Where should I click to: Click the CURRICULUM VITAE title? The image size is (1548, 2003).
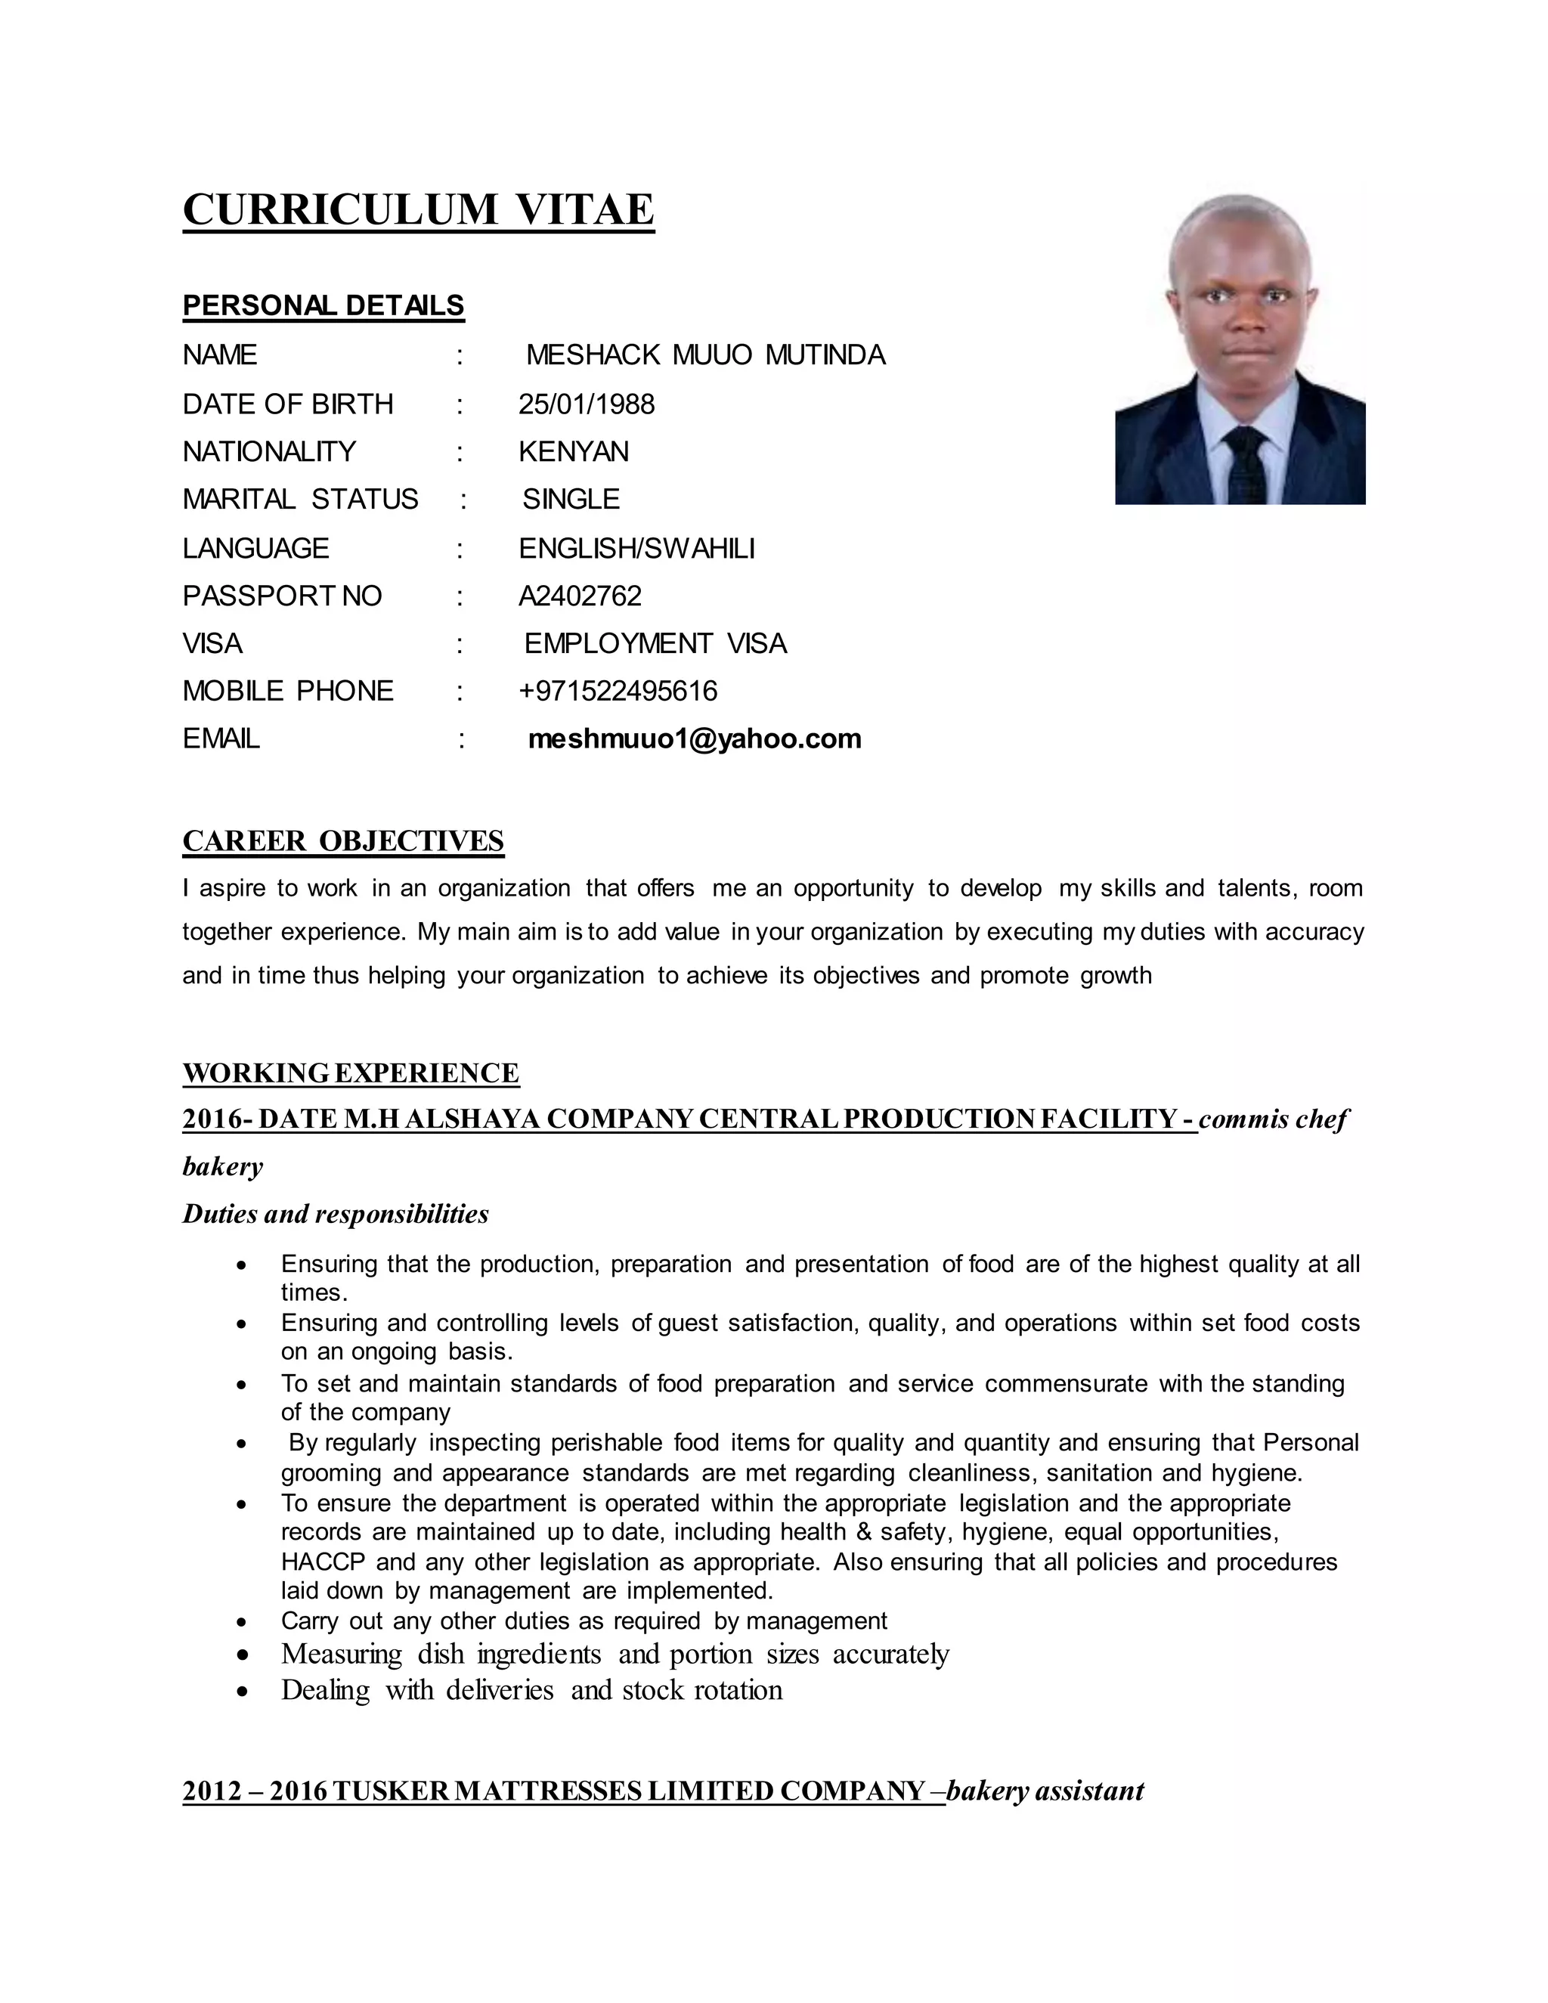418,209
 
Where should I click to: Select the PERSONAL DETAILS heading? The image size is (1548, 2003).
323,305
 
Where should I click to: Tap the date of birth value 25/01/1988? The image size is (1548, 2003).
586,404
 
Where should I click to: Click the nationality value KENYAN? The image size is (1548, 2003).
573,452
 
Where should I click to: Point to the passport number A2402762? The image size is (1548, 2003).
580,596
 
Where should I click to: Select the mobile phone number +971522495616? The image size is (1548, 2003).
618,691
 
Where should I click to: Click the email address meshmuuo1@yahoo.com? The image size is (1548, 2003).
694,738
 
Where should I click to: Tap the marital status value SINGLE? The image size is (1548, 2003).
571,500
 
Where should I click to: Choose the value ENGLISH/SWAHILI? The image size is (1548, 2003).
636,549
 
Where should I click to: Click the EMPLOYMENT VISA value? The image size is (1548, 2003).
655,644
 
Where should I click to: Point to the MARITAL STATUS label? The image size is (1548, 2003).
300,500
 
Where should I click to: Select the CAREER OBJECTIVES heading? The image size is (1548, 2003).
343,841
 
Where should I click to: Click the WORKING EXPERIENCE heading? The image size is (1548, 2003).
350,1073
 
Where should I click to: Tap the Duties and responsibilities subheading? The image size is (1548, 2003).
336,1215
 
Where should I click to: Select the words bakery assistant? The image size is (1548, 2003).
1045,1791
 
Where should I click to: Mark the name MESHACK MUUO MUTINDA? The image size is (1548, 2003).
705,355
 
